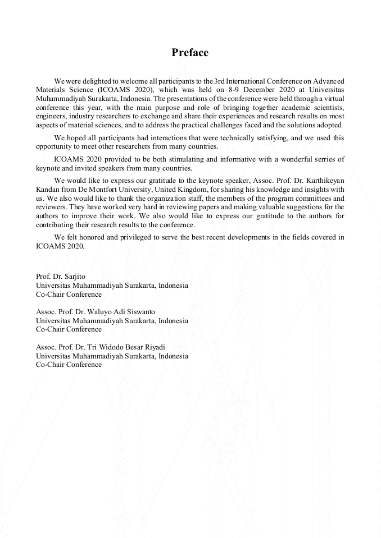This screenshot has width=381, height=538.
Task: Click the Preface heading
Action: click(190, 53)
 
